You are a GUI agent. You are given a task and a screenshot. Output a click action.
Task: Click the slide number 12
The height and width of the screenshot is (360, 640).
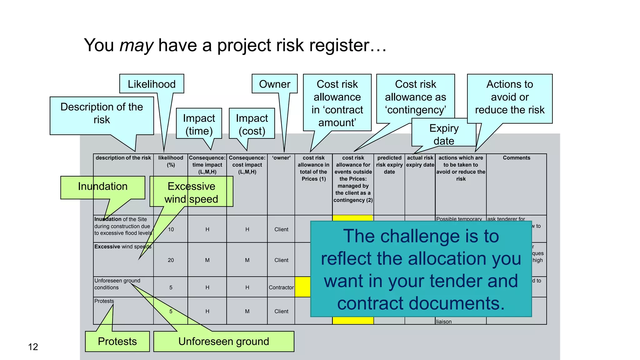pos(33,347)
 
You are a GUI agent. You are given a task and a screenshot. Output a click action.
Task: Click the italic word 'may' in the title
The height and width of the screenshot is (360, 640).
pos(137,46)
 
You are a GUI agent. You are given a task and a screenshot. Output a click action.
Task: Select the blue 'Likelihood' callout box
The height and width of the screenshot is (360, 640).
pos(152,84)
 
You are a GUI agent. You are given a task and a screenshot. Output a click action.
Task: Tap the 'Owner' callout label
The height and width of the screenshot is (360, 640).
pos(274,84)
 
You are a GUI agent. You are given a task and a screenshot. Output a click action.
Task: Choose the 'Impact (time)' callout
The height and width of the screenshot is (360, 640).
pos(199,124)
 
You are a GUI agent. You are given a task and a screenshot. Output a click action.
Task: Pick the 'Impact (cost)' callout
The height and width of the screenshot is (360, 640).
pos(252,124)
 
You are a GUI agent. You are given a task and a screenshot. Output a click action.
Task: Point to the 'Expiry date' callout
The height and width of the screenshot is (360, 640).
pos(444,134)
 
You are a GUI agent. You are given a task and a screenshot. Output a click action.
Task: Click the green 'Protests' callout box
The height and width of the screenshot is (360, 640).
pos(117,341)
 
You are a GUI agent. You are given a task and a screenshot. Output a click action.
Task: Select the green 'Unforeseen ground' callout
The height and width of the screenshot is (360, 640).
pos(223,341)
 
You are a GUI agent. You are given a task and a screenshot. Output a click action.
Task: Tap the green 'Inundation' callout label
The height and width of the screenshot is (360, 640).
pos(102,187)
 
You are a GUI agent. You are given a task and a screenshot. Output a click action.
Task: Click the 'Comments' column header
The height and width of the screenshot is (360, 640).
pos(516,158)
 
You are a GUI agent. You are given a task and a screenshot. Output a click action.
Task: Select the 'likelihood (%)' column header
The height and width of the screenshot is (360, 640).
pos(171,161)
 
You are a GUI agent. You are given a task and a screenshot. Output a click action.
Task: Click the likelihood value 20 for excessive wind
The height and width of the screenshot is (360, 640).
pos(171,260)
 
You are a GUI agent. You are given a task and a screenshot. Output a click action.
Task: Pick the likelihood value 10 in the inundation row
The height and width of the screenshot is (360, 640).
pos(171,229)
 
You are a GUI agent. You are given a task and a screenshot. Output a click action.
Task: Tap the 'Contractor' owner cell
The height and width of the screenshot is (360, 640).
pos(281,287)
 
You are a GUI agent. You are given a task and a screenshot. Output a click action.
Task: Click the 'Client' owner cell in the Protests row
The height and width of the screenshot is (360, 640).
pos(281,311)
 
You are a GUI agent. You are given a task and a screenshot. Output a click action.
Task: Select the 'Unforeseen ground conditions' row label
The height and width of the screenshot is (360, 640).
pos(117,284)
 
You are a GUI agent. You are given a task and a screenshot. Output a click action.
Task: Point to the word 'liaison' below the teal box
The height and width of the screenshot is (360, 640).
pos(444,322)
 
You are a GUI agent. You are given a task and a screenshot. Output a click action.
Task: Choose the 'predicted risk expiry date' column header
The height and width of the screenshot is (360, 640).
pos(389,165)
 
